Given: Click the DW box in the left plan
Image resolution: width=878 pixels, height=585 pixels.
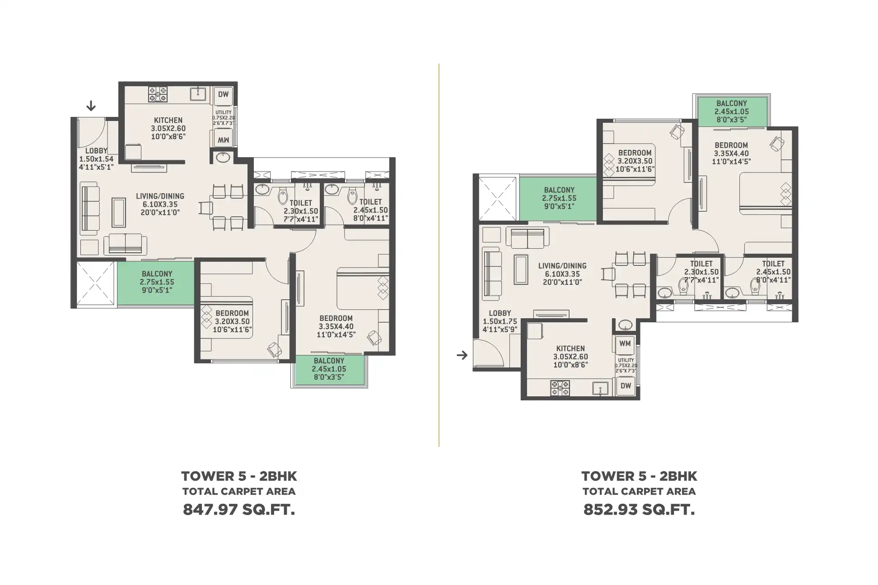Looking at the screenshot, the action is [x=224, y=95].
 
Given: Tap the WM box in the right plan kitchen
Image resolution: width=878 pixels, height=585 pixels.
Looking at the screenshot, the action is [x=625, y=344].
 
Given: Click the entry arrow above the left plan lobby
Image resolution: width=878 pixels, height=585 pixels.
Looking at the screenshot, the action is [x=91, y=106].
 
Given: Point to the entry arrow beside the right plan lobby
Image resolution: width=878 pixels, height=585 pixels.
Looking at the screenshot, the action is [x=462, y=355].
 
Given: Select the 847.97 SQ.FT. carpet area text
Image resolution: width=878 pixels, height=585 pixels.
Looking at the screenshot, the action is [x=239, y=510].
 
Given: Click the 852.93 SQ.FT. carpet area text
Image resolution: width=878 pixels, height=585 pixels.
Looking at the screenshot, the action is [x=639, y=510].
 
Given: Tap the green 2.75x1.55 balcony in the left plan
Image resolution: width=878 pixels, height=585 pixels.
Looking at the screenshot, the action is [x=156, y=283].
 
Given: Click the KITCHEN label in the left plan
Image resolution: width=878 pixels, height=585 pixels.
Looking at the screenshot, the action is [x=168, y=120].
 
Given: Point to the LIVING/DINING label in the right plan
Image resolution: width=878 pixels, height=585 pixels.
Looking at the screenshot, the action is [x=562, y=266].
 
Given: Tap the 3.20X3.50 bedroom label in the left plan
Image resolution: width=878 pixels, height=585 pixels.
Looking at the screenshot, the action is [x=232, y=321].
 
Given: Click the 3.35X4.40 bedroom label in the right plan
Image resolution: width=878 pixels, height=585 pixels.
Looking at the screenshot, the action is [x=731, y=153].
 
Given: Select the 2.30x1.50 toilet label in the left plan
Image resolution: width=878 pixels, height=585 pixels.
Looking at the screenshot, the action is [x=301, y=211].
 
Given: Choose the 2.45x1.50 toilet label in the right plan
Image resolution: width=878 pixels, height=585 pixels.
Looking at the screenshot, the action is [x=773, y=272].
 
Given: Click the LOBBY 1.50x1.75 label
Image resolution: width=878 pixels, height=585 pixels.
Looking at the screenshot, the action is [x=500, y=321].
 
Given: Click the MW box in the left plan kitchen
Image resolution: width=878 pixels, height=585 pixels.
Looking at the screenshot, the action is [x=224, y=139].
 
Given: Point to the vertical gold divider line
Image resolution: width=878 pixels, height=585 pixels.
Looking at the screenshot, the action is [x=439, y=255].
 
